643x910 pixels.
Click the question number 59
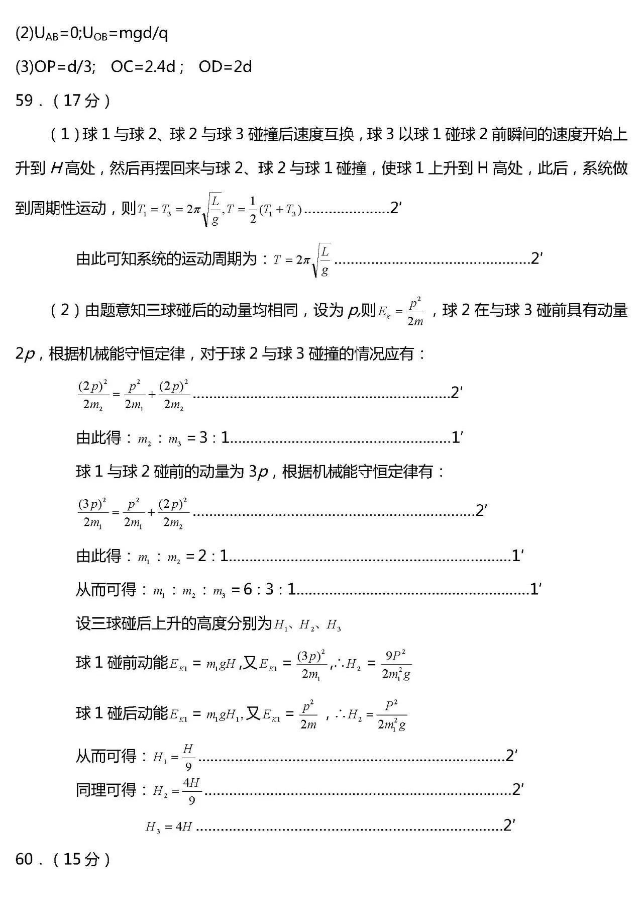point(24,101)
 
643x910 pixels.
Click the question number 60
point(24,859)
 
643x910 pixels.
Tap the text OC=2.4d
point(143,67)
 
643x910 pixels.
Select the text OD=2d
point(225,67)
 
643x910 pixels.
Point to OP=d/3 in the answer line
point(63,67)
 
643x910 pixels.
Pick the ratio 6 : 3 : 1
point(269,589)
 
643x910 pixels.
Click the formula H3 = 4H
point(169,827)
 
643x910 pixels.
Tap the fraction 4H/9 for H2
point(191,791)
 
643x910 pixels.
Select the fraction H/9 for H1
point(188,757)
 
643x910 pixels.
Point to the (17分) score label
point(81,101)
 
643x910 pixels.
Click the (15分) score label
point(81,859)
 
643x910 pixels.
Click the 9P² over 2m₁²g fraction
point(396,665)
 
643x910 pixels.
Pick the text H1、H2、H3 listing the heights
point(307,625)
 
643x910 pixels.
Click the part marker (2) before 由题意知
point(65,310)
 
